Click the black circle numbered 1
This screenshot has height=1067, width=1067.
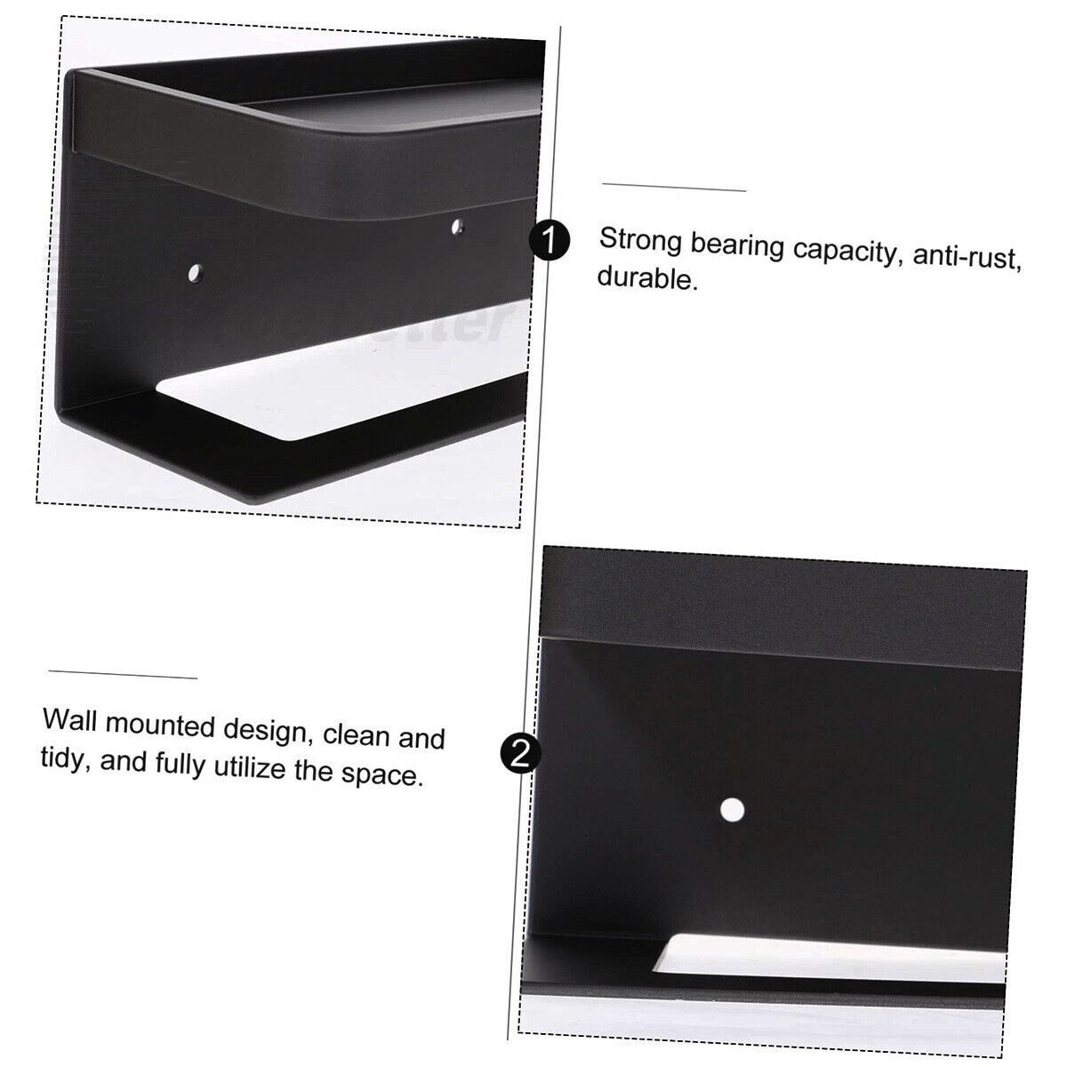(549, 241)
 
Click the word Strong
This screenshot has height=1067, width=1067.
(640, 240)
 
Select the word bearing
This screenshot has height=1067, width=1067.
(737, 245)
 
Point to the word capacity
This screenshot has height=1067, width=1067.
(846, 253)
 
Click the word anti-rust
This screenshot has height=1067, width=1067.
(967, 258)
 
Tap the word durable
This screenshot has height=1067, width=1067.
(647, 277)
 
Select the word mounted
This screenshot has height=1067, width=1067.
(160, 725)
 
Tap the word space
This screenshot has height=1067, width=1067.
(382, 774)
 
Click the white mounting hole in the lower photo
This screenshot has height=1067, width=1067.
(732, 810)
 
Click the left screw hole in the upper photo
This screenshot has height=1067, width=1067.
(195, 272)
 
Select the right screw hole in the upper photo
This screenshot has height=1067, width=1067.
(457, 226)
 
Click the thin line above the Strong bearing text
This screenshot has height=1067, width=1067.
(674, 187)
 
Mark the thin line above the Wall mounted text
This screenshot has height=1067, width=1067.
(123, 674)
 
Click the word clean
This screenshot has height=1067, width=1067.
(356, 736)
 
